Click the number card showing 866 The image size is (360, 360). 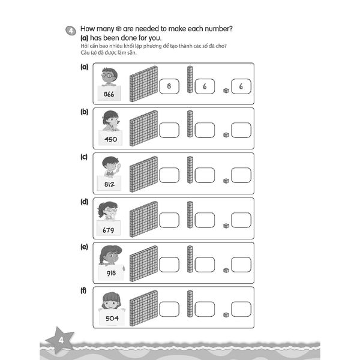(x=109, y=94)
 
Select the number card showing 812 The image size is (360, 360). (x=109, y=184)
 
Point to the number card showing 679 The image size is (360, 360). (x=109, y=229)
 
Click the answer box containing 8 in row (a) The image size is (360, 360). (x=169, y=86)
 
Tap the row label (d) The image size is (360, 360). (x=85, y=202)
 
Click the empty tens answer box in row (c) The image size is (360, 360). (x=205, y=175)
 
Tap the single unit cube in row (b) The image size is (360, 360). (x=226, y=135)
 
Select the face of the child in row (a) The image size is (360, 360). (x=109, y=77)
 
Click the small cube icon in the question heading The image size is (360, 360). (x=119, y=28)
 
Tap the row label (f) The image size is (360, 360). (x=85, y=291)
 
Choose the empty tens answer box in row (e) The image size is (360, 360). (x=205, y=265)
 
